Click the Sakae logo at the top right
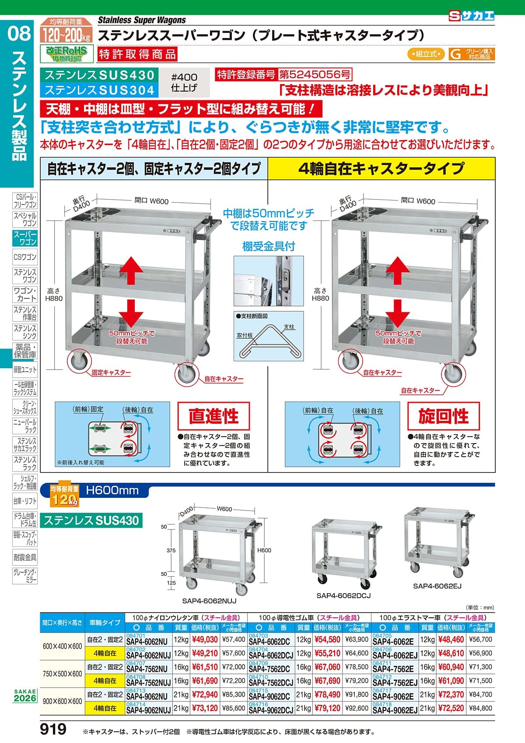[x=471, y=16]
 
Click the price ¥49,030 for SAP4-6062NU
[x=205, y=639]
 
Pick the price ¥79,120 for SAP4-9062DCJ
[x=327, y=708]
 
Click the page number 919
[x=53, y=729]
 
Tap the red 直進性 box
[x=213, y=416]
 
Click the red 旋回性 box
[x=443, y=416]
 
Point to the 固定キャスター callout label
[x=111, y=373]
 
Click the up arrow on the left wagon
[x=131, y=271]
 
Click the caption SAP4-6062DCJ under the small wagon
[x=343, y=595]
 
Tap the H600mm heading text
[x=112, y=490]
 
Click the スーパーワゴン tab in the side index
[x=25, y=238]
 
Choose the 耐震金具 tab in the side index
[x=25, y=558]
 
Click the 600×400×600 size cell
[x=62, y=646]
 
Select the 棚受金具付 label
[x=269, y=246]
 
